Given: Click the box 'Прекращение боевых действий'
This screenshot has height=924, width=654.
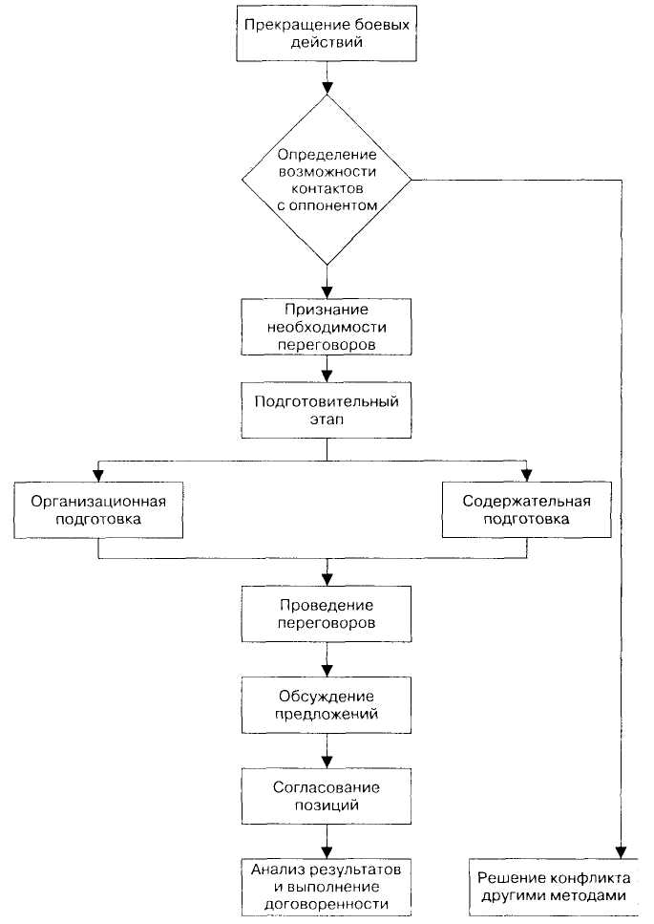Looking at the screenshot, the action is pos(327,33).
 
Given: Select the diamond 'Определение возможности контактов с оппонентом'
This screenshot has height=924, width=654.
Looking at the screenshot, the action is pos(327,179).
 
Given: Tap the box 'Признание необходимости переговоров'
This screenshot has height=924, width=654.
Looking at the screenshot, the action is pos(327,327).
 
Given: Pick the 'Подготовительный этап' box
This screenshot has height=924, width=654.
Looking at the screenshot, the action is pos(327,410).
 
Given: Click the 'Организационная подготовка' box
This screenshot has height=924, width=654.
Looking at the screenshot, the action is pos(98,509).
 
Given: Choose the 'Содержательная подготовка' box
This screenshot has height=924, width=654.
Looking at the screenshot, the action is pos(527,509).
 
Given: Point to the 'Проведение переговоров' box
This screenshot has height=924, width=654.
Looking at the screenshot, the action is pos(327,614).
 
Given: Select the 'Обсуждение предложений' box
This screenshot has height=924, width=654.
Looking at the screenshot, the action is pos(327,705).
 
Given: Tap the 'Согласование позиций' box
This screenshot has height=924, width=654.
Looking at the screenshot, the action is pos(327,796).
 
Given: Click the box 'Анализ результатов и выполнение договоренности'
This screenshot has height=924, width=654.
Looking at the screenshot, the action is pos(327,887).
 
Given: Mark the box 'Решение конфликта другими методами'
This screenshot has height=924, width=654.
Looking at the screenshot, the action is pos(554,887).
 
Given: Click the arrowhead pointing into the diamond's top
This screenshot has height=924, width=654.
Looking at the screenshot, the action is pos(327,87).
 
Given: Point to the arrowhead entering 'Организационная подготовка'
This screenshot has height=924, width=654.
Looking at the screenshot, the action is pos(98,475).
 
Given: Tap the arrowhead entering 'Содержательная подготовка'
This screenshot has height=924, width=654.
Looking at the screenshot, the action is pos(527,475).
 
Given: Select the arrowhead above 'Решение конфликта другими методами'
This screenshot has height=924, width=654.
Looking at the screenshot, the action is pos(621,852).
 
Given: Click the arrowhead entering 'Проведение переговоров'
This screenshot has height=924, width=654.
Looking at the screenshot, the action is pos(327,579).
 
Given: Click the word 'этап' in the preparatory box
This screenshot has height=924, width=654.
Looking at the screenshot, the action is pos(327,419).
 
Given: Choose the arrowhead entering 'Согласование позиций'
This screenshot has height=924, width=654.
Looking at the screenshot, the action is pos(327,762).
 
